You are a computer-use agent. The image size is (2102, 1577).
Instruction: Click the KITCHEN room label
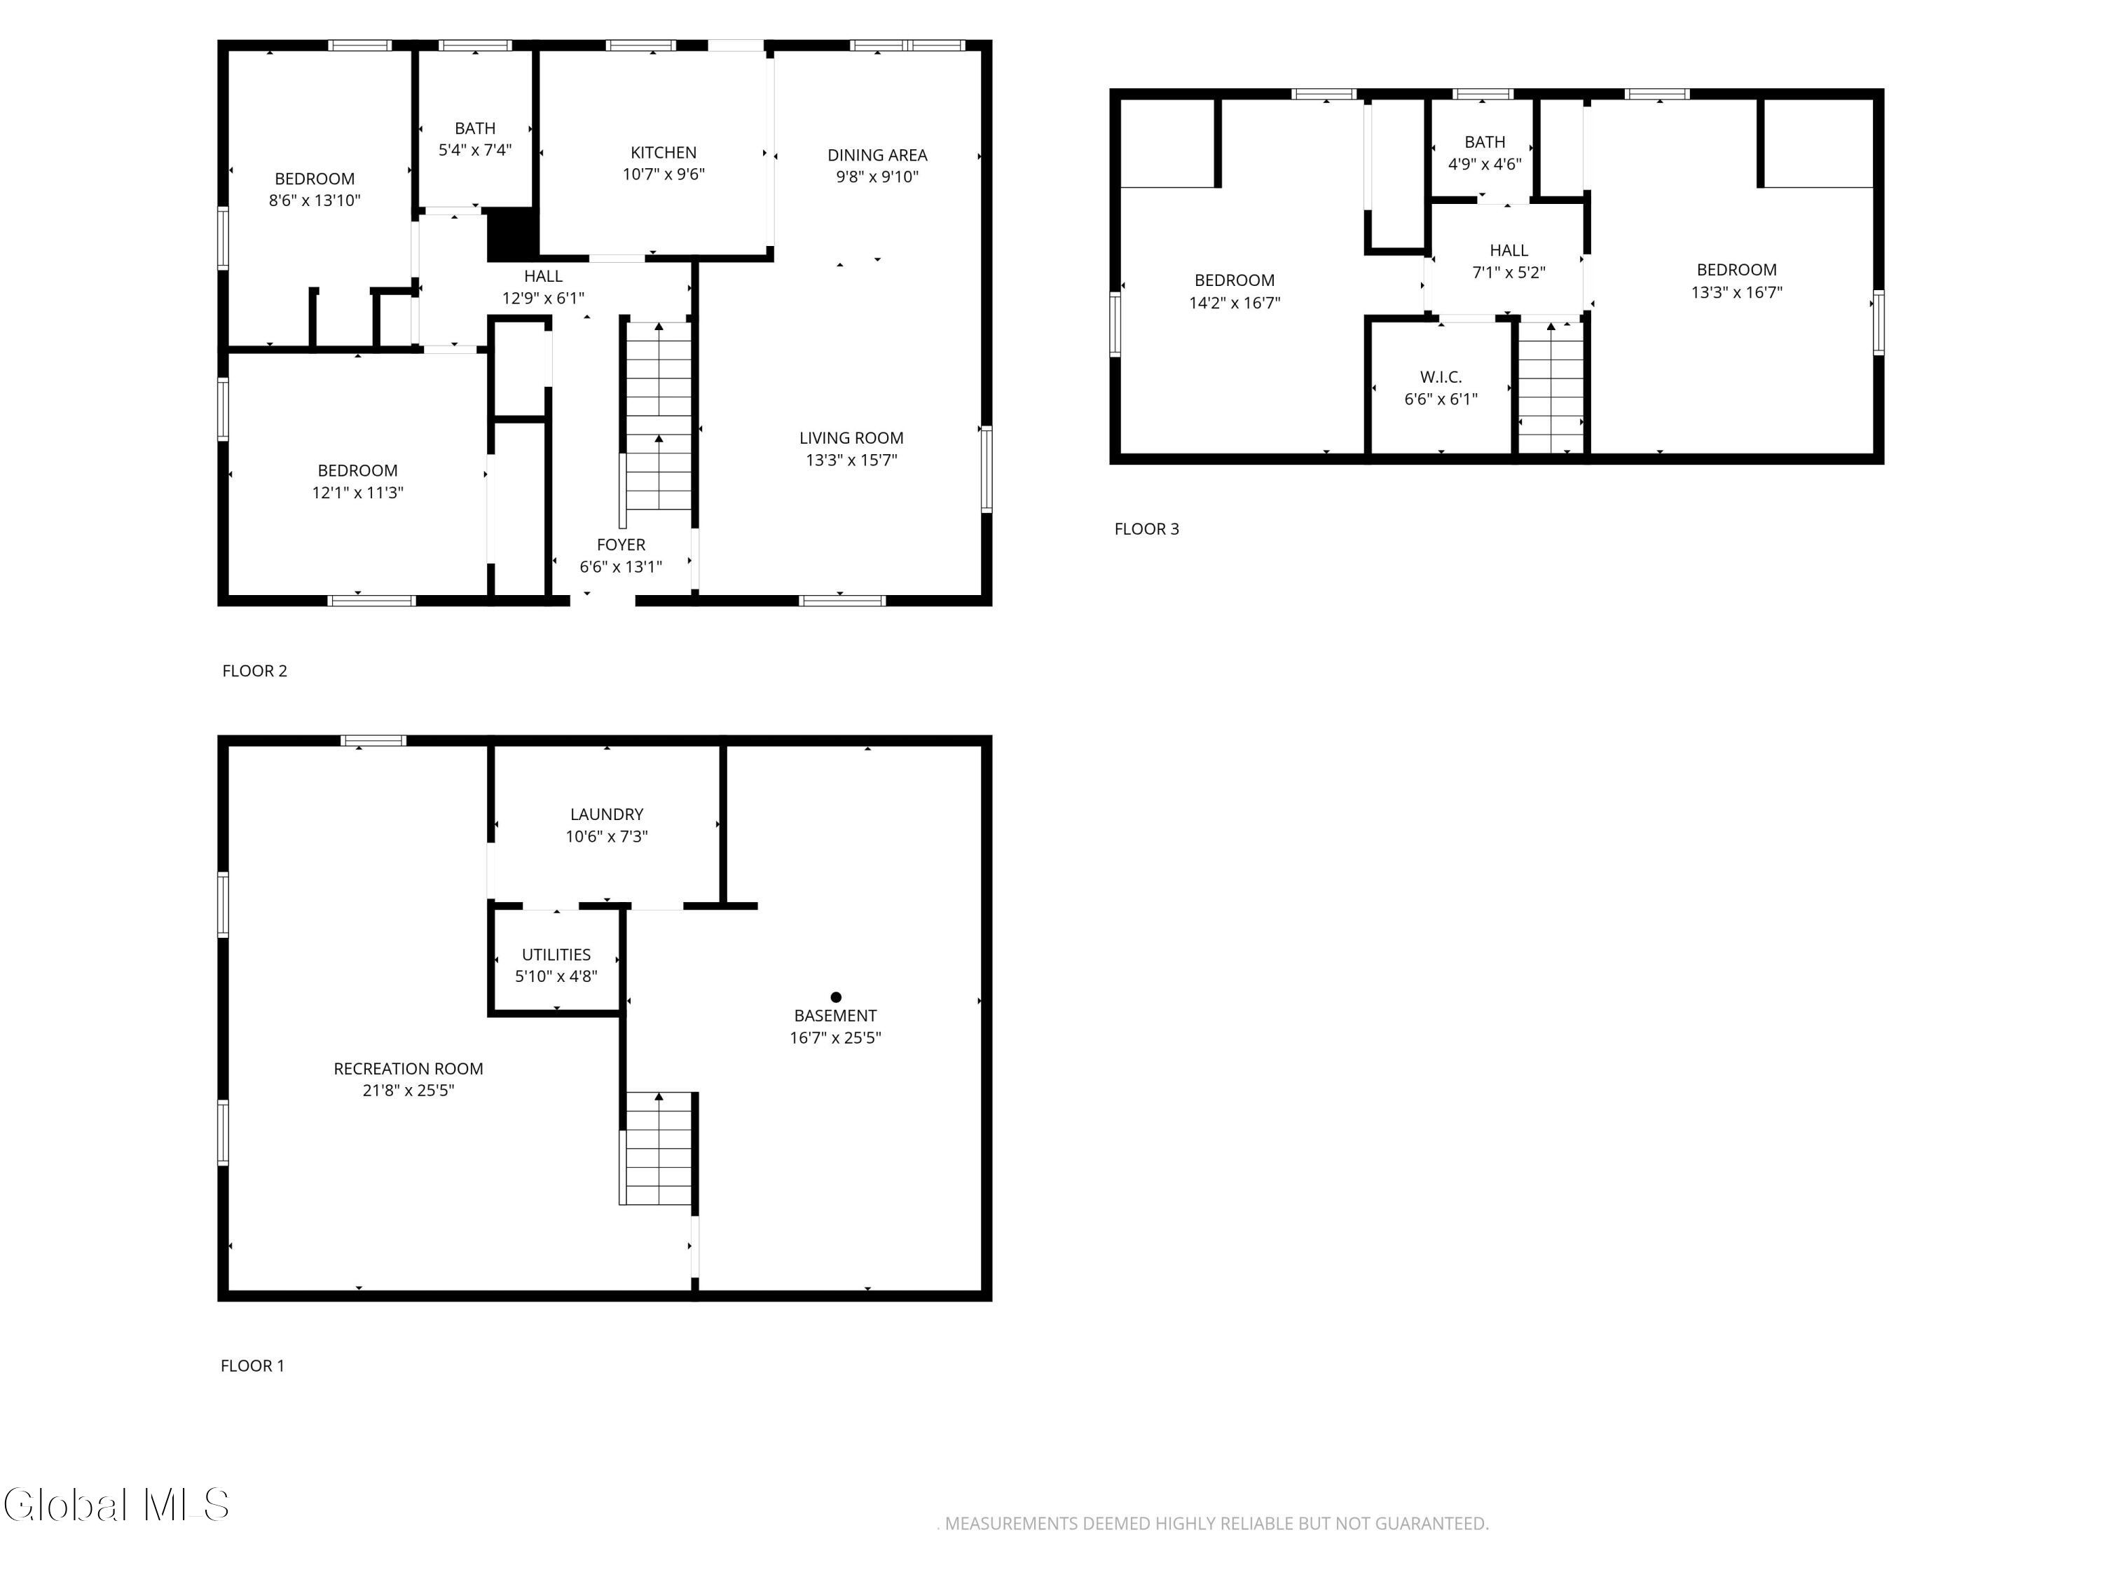tap(664, 152)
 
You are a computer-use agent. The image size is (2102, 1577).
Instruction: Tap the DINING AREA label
tap(877, 155)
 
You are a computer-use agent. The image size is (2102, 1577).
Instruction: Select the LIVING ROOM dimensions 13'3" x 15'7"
tap(851, 460)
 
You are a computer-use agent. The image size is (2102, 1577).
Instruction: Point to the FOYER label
tap(621, 545)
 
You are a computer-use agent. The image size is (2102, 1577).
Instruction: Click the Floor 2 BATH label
tap(475, 128)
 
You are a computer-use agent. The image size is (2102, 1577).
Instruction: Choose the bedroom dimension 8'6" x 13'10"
tap(315, 200)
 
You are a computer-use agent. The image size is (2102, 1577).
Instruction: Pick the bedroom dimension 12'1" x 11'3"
tap(357, 493)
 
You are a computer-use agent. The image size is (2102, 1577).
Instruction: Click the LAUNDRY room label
tap(606, 814)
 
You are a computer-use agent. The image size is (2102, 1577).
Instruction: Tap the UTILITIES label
tap(556, 955)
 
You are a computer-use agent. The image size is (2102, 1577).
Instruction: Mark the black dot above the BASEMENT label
tap(836, 997)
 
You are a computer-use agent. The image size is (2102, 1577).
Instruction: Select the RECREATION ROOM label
tap(408, 1068)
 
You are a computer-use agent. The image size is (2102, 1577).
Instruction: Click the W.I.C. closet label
tap(1441, 377)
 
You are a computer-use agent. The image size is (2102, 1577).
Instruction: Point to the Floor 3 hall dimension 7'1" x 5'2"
tap(1509, 273)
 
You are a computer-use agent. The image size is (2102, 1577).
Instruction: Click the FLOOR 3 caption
tap(1146, 529)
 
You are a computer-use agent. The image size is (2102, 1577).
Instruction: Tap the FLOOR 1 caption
tap(253, 1366)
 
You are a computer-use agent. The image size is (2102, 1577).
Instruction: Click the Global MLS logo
tap(116, 1505)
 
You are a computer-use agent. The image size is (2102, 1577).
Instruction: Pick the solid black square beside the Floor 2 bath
tap(511, 233)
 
